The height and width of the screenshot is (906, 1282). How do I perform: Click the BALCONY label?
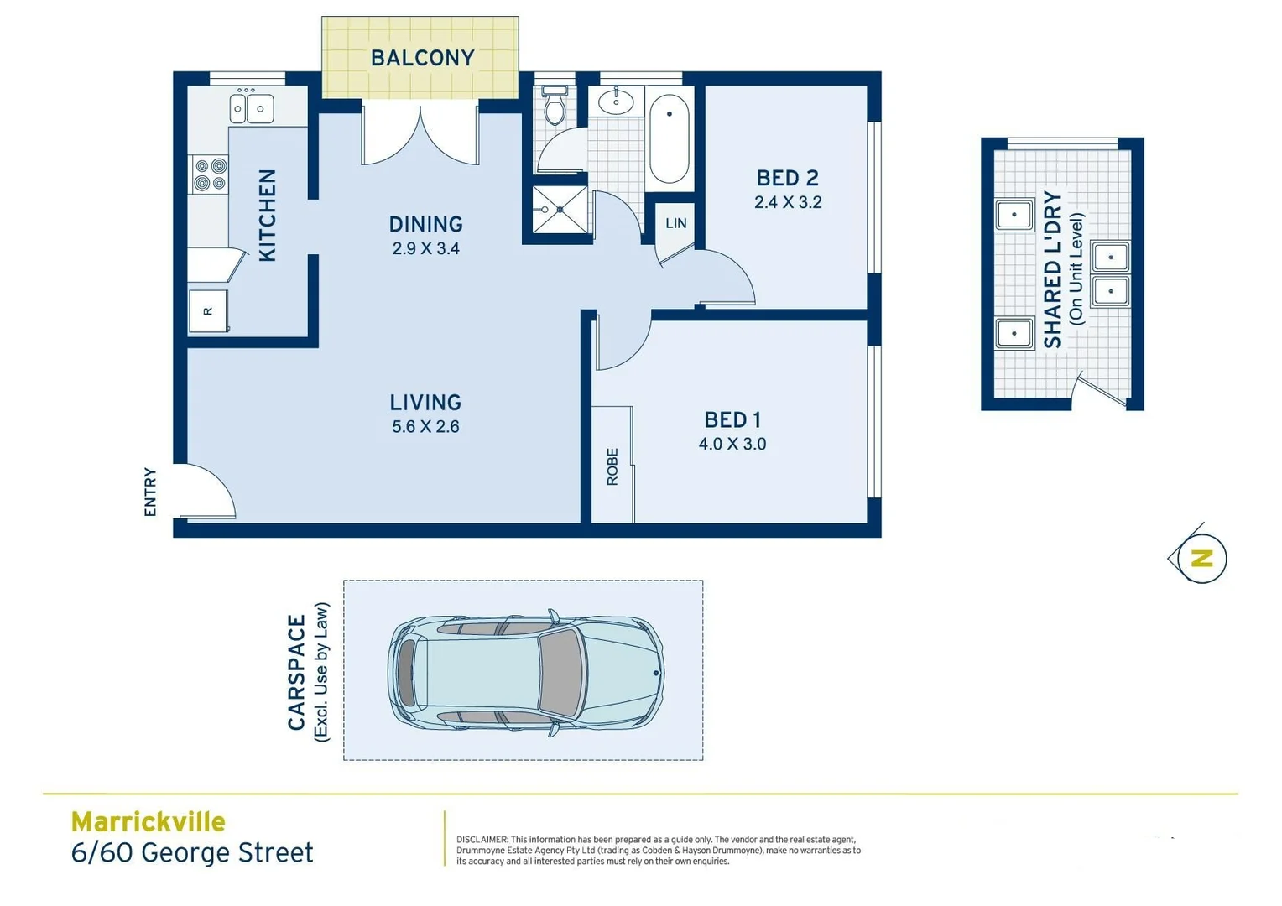pyautogui.click(x=422, y=58)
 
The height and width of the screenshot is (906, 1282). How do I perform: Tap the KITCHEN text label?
pyautogui.click(x=267, y=216)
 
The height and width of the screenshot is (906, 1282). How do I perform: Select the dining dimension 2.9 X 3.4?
pyautogui.click(x=425, y=249)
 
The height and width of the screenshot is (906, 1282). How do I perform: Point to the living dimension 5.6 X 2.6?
pyautogui.click(x=425, y=427)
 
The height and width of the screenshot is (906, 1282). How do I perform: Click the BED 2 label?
pyautogui.click(x=787, y=178)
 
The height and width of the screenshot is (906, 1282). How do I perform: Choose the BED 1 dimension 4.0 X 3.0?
pyautogui.click(x=732, y=445)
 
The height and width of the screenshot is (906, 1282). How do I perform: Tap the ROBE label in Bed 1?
pyautogui.click(x=612, y=466)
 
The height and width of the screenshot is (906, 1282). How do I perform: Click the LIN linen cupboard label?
pyautogui.click(x=675, y=223)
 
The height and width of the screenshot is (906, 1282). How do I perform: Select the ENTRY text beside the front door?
pyautogui.click(x=150, y=492)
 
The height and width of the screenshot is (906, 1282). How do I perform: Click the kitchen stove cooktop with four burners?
pyautogui.click(x=210, y=174)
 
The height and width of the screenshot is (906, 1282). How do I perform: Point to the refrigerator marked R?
pyautogui.click(x=208, y=311)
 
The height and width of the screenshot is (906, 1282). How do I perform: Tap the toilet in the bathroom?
pyautogui.click(x=555, y=107)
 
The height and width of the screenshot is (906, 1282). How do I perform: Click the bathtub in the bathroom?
pyautogui.click(x=669, y=138)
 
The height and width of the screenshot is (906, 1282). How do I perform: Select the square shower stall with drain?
pyautogui.click(x=560, y=210)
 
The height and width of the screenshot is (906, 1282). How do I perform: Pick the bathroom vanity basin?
pyautogui.click(x=617, y=102)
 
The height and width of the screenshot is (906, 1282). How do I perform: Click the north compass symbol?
pyautogui.click(x=1201, y=558)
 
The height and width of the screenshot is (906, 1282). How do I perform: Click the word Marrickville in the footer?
pyautogui.click(x=148, y=821)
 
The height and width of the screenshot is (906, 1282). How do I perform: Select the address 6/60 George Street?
pyautogui.click(x=192, y=852)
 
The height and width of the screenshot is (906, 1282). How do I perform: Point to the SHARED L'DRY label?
pyautogui.click(x=1052, y=270)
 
